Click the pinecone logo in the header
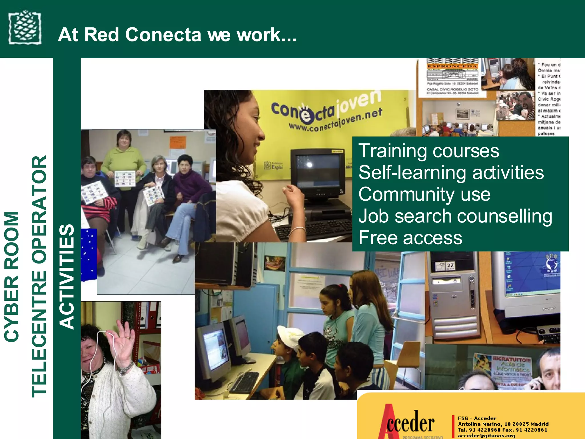(x=25, y=27)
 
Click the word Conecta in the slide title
(x=163, y=35)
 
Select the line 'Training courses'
(x=428, y=151)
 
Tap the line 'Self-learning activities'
(x=451, y=173)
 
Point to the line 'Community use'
(x=424, y=194)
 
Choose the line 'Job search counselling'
(x=455, y=216)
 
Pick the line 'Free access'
(x=410, y=238)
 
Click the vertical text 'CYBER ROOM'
(x=12, y=276)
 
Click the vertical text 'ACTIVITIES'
(x=67, y=276)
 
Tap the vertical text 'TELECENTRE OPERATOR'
(x=39, y=276)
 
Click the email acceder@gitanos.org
(x=486, y=436)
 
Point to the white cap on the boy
(x=290, y=334)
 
